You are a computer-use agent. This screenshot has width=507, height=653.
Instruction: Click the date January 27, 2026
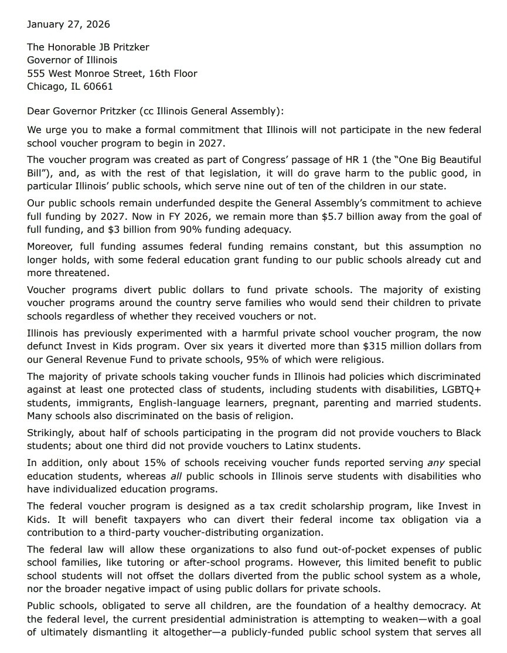tap(68, 25)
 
